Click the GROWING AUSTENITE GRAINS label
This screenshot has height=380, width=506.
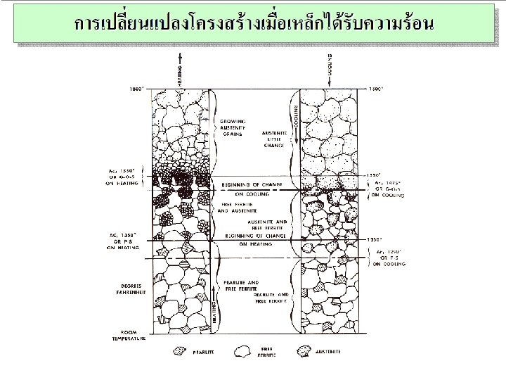[232, 127]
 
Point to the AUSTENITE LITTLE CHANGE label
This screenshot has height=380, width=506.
[274, 139]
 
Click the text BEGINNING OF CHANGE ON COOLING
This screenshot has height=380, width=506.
[252, 188]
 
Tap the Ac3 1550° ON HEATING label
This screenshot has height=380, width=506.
[122, 175]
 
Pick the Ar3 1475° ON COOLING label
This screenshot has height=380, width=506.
[388, 189]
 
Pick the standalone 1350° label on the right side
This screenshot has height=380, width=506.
[375, 240]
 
